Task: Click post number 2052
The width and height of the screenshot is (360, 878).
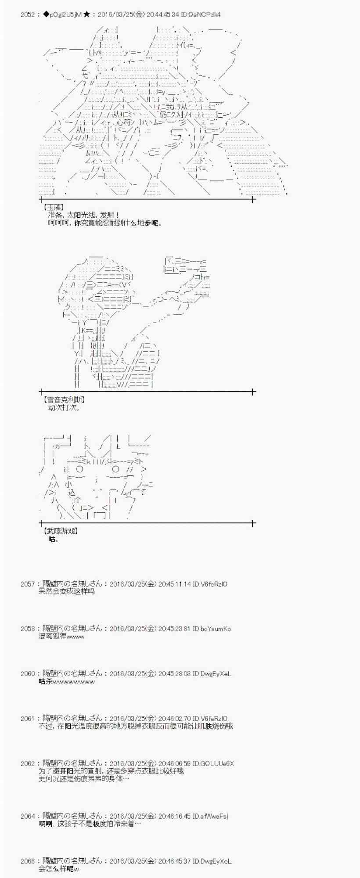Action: pyautogui.click(x=27, y=14)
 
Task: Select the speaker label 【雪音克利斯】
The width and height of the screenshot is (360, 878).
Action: pyautogui.click(x=64, y=399)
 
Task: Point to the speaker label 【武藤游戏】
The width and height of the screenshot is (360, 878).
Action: pyautogui.click(x=61, y=531)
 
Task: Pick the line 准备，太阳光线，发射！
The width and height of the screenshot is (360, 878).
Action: pyautogui.click(x=83, y=215)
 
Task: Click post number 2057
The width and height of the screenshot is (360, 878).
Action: pyautogui.click(x=27, y=584)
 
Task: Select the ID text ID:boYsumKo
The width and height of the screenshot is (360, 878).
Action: pyautogui.click(x=212, y=629)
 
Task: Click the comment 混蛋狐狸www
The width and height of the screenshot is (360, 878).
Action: pyautogui.click(x=61, y=636)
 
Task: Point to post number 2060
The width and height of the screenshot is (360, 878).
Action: pyautogui.click(x=27, y=673)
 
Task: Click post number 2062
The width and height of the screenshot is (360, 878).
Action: pyautogui.click(x=27, y=763)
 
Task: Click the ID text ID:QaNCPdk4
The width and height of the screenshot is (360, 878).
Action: pyautogui.click(x=201, y=14)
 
